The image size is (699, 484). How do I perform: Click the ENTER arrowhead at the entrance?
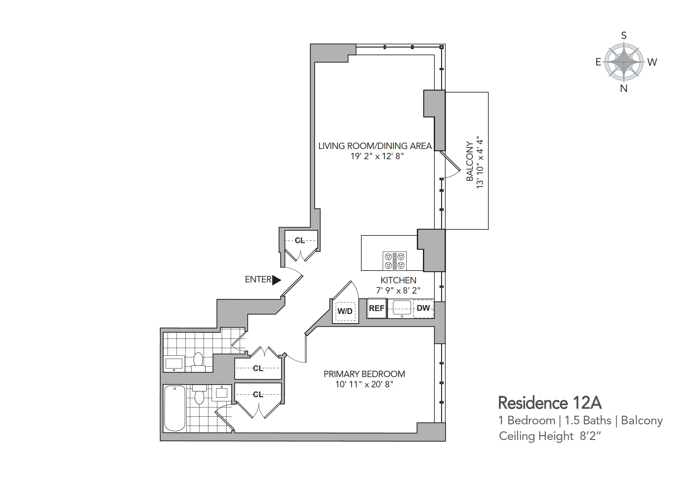pos(276,280)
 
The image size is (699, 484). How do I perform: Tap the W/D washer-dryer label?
pos(345,311)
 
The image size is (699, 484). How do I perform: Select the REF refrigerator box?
pos(377,308)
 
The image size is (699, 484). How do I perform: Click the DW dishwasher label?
pos(423,308)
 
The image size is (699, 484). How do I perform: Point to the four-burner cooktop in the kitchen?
pos(395,261)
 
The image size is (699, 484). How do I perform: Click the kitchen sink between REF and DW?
pos(402,308)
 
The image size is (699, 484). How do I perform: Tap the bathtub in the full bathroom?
pos(175,408)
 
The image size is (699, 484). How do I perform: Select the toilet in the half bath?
pos(198,361)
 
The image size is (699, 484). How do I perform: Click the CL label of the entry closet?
pos(300,240)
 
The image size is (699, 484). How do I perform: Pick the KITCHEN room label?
pos(398,280)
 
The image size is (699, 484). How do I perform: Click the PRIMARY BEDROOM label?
pos(364,374)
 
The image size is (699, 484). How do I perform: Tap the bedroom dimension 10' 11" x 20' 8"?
pos(364,384)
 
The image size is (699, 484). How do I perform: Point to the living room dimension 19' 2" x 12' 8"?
pos(377,156)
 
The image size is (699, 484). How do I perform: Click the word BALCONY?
pos(470,161)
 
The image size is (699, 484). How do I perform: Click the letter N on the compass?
pos(624,88)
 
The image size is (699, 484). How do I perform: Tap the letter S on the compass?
pos(624,35)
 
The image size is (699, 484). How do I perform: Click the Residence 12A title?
pos(550,403)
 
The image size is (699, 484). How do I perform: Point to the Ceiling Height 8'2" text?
pos(550,436)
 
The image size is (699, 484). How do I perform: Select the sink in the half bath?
pos(174,363)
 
